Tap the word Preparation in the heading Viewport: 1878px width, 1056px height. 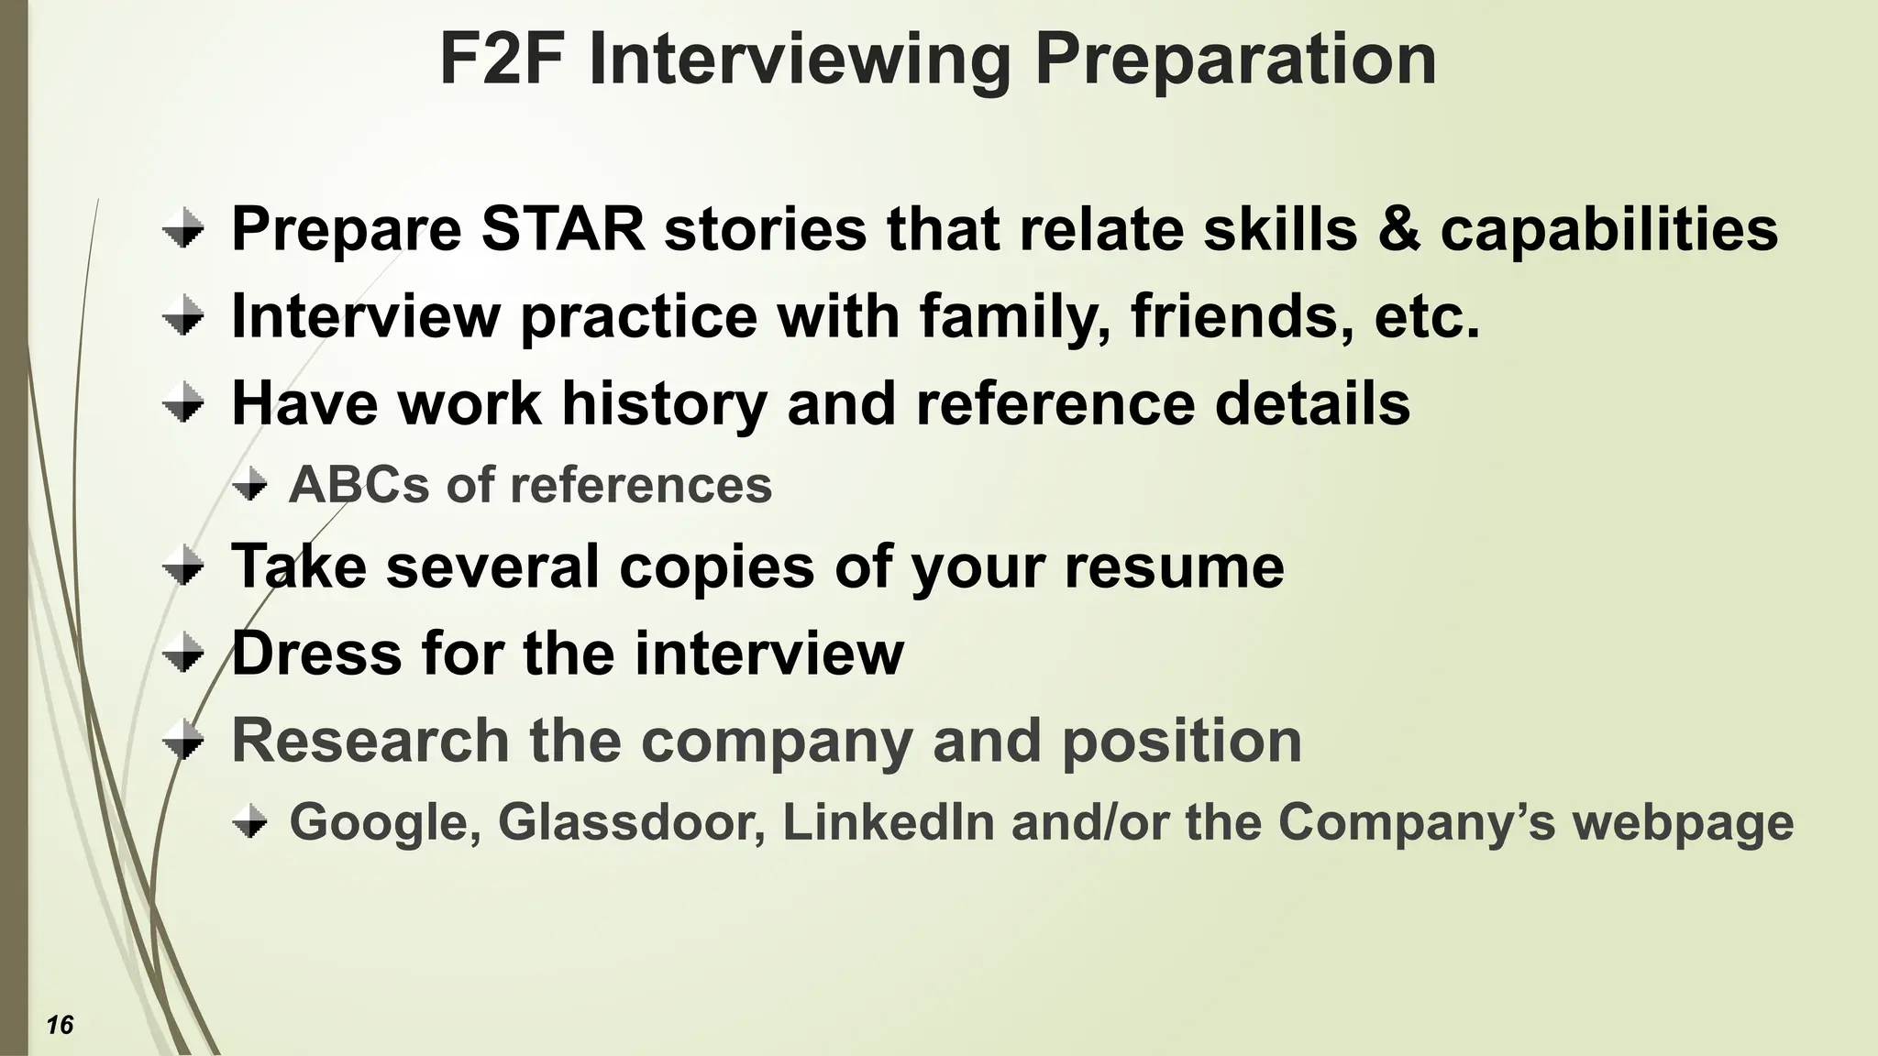pyautogui.click(x=1235, y=60)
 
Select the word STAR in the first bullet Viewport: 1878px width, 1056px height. pyautogui.click(x=563, y=228)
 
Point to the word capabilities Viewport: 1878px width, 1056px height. pyautogui.click(x=1609, y=230)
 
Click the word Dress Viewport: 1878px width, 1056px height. pyautogui.click(x=316, y=654)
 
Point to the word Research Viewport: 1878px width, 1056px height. pyautogui.click(x=370, y=741)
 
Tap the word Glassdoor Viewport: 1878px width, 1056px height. pyautogui.click(x=632, y=821)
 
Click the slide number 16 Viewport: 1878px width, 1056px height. pyautogui.click(x=60, y=1025)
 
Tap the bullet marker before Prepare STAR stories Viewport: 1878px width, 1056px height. pyautogui.click(x=183, y=228)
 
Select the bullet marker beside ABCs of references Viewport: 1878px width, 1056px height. pyautogui.click(x=249, y=485)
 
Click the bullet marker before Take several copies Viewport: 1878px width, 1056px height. pyautogui.click(x=183, y=566)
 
